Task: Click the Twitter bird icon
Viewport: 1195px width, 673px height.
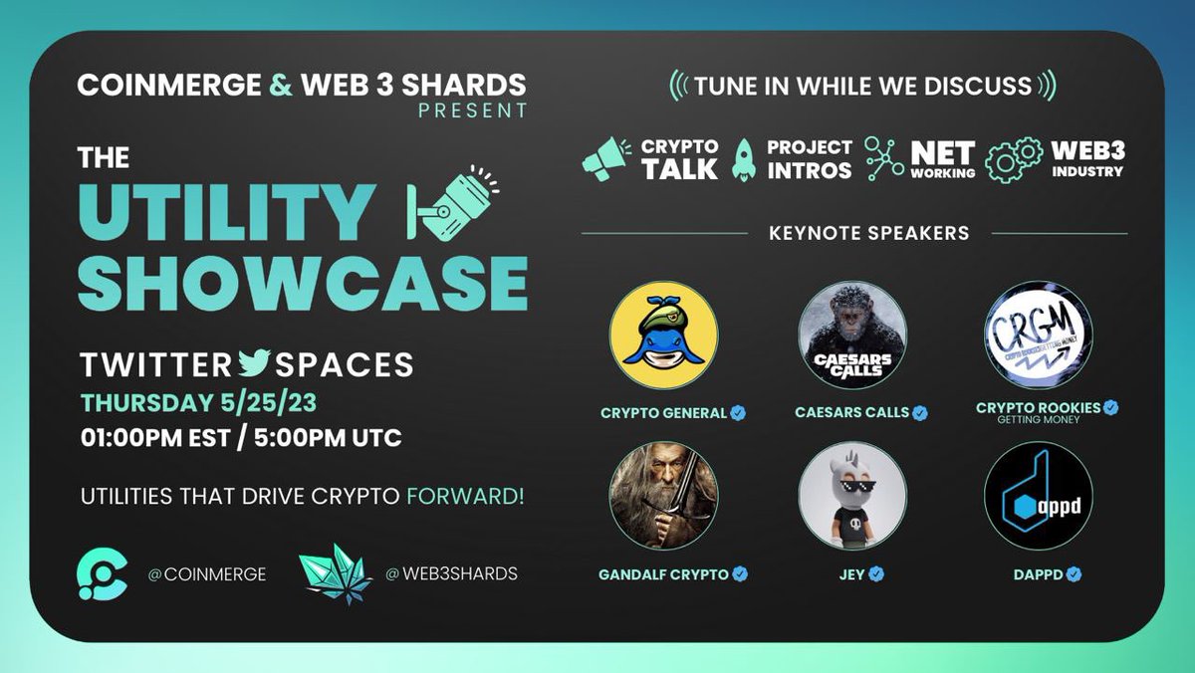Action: pos(255,363)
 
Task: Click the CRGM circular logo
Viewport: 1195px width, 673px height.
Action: pos(1038,335)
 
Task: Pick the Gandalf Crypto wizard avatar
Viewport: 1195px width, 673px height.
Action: pos(663,496)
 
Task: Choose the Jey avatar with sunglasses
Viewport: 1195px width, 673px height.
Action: pos(851,496)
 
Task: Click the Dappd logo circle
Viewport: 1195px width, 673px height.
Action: pos(1038,496)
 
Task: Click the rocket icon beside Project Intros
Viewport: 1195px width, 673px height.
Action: pos(743,159)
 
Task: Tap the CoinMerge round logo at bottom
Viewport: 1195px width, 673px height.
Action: pos(103,572)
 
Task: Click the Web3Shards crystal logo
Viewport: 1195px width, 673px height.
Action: pos(335,572)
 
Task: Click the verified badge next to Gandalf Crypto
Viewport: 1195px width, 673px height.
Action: pos(740,574)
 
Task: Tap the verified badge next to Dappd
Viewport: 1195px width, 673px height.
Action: pos(1075,574)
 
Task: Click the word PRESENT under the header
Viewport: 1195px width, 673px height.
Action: pos(472,111)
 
